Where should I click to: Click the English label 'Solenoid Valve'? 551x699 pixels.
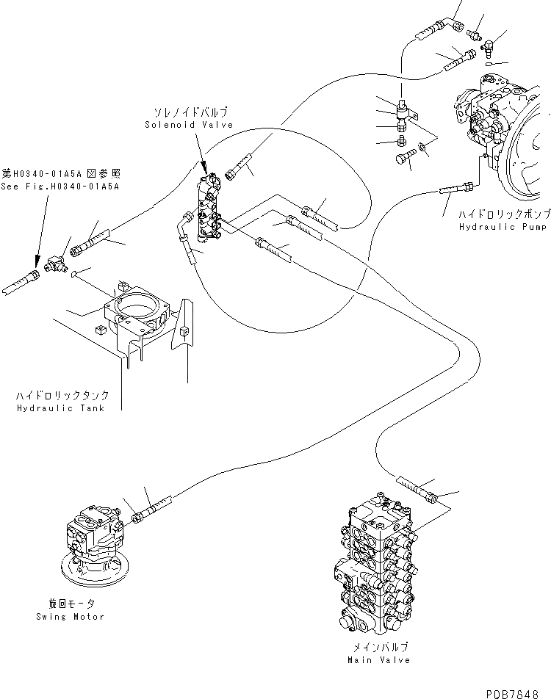[x=189, y=125]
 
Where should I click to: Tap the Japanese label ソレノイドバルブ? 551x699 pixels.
[x=190, y=113]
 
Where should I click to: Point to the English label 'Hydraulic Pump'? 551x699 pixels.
[x=503, y=228]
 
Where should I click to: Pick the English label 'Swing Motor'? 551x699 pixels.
[x=73, y=616]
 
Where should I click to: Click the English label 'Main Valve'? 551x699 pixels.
[x=379, y=660]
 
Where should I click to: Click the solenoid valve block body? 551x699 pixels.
[x=209, y=209]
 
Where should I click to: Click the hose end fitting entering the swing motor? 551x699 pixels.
[x=137, y=518]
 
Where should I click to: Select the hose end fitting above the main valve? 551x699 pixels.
[x=433, y=499]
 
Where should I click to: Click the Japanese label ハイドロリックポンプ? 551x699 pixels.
[x=503, y=216]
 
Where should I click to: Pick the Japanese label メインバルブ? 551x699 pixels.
[x=379, y=648]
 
